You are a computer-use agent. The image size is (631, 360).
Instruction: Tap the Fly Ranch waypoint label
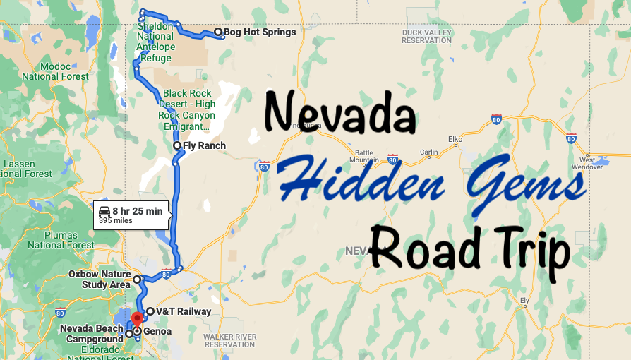[204, 146]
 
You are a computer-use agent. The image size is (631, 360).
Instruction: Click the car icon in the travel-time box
[104, 211]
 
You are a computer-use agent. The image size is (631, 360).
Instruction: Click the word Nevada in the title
[339, 113]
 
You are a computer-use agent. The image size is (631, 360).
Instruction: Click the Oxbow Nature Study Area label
[100, 279]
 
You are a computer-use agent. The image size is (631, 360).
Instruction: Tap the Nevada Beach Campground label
[92, 333]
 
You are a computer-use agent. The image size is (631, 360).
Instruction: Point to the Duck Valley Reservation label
[426, 36]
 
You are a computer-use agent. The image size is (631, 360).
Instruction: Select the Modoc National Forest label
[55, 71]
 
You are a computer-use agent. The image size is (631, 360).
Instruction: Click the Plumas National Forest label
[61, 241]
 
